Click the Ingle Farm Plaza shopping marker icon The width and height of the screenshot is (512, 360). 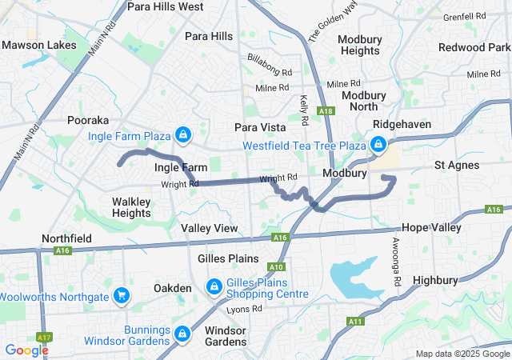[183, 133]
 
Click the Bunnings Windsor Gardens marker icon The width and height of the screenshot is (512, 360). [182, 332]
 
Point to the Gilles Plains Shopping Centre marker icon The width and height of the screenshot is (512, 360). [214, 286]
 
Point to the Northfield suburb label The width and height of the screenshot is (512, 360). [66, 238]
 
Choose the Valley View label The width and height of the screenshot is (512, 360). [209, 228]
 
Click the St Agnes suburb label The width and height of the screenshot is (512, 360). [456, 165]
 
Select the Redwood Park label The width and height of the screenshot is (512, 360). [474, 47]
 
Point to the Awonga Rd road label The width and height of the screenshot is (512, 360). [396, 262]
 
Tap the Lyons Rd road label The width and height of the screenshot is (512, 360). [244, 309]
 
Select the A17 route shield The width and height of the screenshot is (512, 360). [43, 338]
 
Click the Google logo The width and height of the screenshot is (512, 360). [26, 350]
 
